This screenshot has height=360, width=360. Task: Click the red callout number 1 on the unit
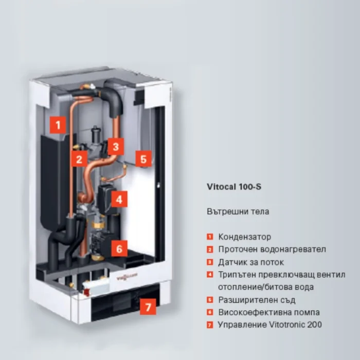pos(58,125)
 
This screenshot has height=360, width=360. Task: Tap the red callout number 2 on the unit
pos(79,159)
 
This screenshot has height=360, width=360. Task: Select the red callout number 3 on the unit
pos(116,147)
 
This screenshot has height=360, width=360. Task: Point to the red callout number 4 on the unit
pos(119,200)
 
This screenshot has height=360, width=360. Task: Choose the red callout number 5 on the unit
pos(143,158)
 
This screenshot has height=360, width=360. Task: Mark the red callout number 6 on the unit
pos(119,248)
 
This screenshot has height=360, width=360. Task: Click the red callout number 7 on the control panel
pos(148,307)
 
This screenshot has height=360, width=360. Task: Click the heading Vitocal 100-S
pos(234,187)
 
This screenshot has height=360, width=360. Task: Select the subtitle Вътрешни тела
pos(238,211)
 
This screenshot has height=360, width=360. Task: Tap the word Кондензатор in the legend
pos(244,237)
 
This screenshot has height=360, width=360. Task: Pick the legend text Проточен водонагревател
pos(272,249)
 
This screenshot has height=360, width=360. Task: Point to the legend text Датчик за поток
pos(251,262)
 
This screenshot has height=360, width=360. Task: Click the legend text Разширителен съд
pos(257,300)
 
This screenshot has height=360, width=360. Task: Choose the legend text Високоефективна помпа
pos(269,312)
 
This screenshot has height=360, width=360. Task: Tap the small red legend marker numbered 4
pos(210,275)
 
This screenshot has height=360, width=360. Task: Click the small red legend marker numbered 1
pos(210,237)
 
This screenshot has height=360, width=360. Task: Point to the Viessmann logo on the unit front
pos(127,277)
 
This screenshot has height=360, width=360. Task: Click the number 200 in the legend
pos(314,325)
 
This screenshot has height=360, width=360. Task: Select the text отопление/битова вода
pos(266,287)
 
